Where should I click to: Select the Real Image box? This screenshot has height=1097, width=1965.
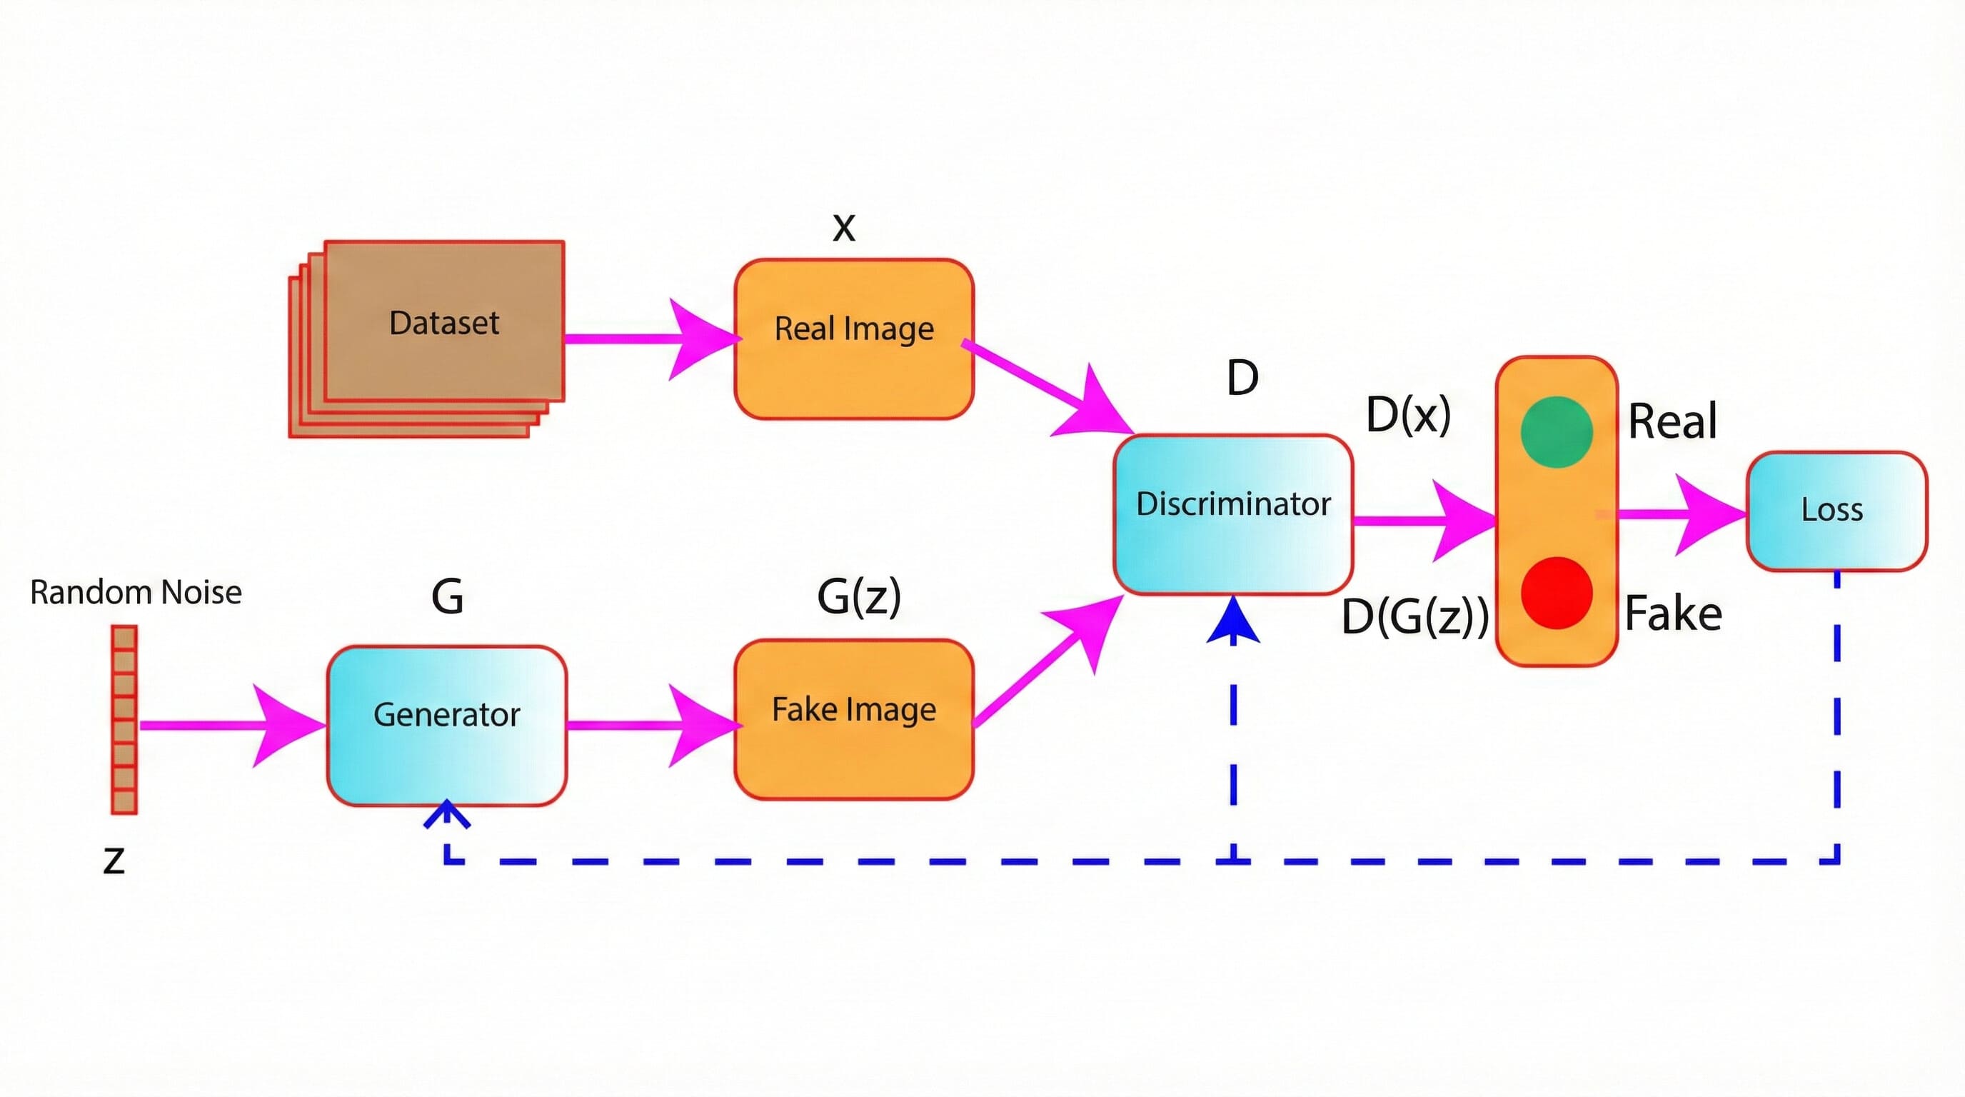click(853, 339)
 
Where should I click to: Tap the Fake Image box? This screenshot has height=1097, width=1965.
click(853, 718)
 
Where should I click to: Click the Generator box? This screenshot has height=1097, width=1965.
click(446, 725)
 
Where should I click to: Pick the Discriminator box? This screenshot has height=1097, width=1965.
click(1232, 513)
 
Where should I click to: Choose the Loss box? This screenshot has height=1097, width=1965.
click(1835, 511)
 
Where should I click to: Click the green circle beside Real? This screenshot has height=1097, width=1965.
click(1555, 432)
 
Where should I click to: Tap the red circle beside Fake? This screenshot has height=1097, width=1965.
click(1555, 593)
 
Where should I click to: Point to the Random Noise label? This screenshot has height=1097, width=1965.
click(136, 593)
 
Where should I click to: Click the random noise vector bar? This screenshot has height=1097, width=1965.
click(124, 719)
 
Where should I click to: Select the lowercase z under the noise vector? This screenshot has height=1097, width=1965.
click(114, 861)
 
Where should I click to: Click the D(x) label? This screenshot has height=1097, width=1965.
click(1407, 416)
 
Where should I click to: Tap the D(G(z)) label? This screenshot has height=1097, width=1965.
click(1414, 616)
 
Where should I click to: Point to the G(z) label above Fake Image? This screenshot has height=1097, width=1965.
click(858, 596)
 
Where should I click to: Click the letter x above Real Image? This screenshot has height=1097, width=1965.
click(844, 227)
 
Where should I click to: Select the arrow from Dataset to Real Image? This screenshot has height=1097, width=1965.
click(648, 339)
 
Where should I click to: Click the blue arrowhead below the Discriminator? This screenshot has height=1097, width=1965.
click(1232, 622)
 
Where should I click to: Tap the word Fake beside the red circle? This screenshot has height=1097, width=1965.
click(1672, 614)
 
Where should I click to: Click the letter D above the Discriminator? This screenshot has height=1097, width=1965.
click(1242, 378)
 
